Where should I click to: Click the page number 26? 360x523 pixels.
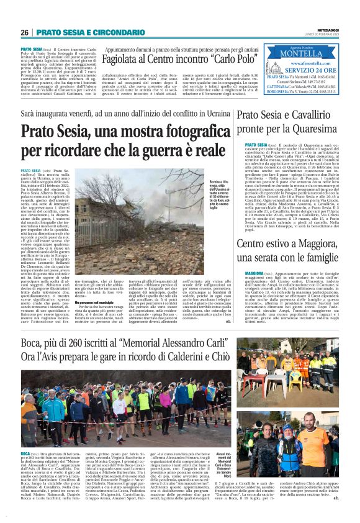click(x=25, y=32)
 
